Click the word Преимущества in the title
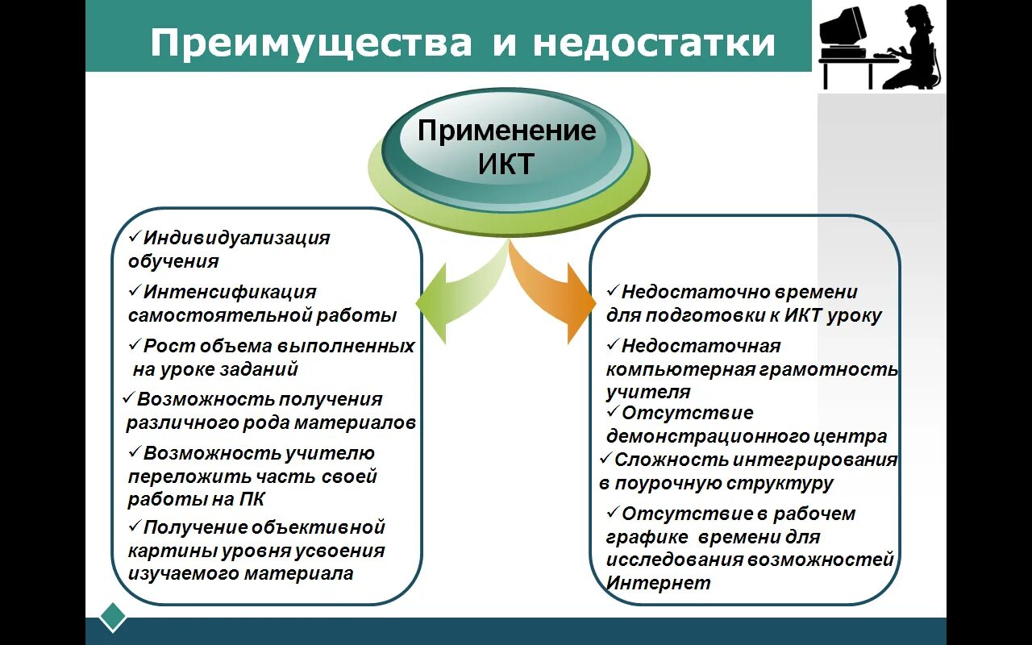[x=310, y=43]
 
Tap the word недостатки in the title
[x=654, y=43]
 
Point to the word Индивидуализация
[x=237, y=239]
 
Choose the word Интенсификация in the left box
[x=230, y=292]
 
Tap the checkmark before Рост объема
[x=135, y=346]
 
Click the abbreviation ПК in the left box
[x=252, y=499]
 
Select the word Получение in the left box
[x=196, y=527]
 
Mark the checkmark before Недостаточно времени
[x=613, y=290]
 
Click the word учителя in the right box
[x=648, y=393]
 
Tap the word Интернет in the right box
[x=658, y=583]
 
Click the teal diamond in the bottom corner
[x=113, y=617]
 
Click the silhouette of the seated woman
[x=915, y=48]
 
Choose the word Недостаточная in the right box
[x=701, y=346]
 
